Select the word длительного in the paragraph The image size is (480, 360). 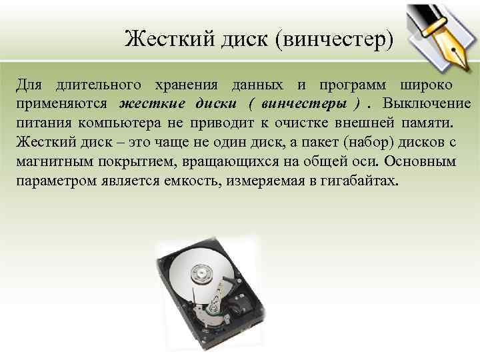point(98,85)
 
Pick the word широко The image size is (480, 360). point(425,85)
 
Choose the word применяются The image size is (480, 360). point(63,104)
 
